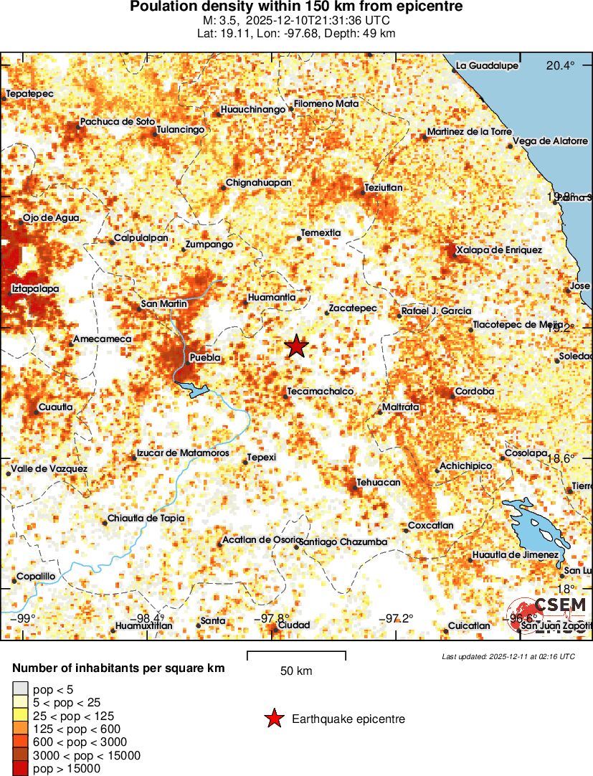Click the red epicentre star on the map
pos(296,346)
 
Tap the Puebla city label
pos(204,357)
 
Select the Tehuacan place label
pos(379,483)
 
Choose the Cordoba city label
pos(475,392)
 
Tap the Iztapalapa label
pos(35,288)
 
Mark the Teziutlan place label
pos(384,188)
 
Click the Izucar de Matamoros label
pos(183,453)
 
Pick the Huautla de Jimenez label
pos(515,555)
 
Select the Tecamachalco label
pos(320,392)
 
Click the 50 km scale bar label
pos(296,671)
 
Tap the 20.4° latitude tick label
pos(560,65)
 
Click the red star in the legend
pos(273,719)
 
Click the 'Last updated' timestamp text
pos(508,656)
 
